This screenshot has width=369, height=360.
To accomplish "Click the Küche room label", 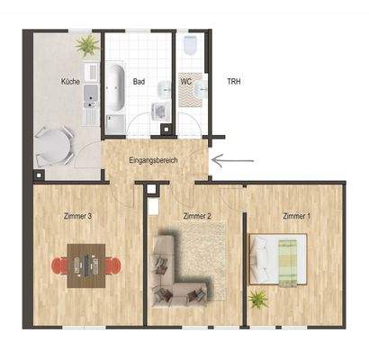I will (x=71, y=81).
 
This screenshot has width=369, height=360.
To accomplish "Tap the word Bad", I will (x=139, y=81).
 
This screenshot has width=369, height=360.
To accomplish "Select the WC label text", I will (x=185, y=81).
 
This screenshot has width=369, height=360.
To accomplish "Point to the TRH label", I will (x=231, y=81).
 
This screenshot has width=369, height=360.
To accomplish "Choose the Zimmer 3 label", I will (x=79, y=216).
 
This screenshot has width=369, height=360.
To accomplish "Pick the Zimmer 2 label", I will (x=196, y=216).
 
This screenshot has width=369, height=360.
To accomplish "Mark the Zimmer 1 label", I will (x=296, y=216).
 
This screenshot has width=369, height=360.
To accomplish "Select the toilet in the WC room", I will (x=191, y=47).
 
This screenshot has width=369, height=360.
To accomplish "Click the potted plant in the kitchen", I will (x=86, y=44).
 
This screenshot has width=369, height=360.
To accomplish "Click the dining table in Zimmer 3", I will (x=86, y=265).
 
